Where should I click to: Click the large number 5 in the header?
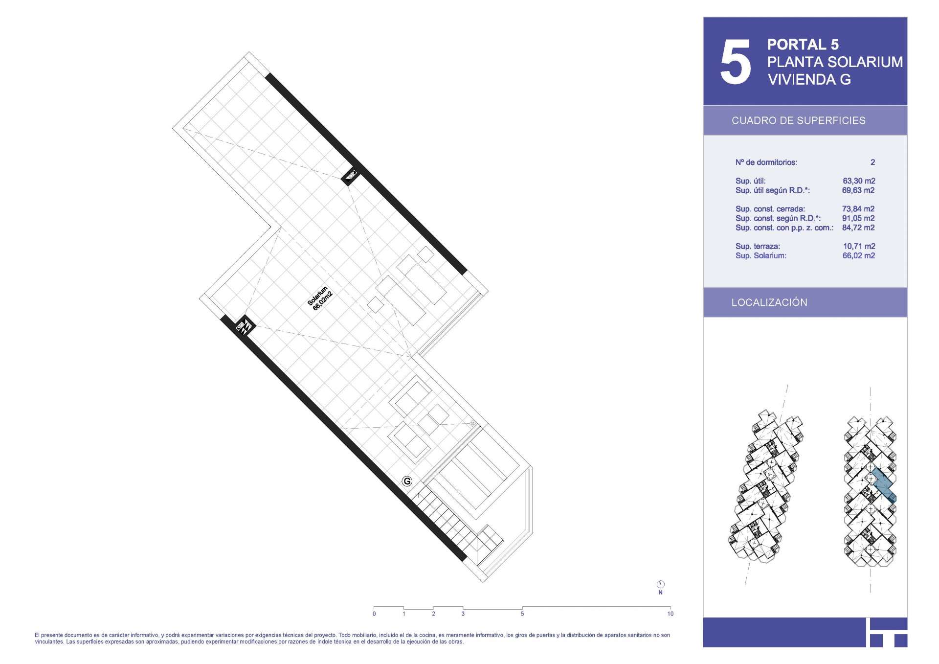click(735, 62)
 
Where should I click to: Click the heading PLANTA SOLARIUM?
click(835, 62)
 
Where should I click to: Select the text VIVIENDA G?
click(809, 80)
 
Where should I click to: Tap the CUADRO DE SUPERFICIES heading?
click(798, 121)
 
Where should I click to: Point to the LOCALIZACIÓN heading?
click(769, 302)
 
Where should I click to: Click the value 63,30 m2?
click(859, 181)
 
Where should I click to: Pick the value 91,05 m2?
click(858, 218)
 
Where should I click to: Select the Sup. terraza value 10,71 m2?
click(859, 246)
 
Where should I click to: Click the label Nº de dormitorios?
click(766, 162)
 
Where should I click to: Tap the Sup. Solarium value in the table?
click(859, 255)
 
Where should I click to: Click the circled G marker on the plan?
click(406, 481)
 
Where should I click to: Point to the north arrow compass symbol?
click(660, 584)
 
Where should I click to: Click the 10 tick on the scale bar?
click(670, 614)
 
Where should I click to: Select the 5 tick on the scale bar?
click(522, 614)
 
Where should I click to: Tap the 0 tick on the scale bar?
click(374, 614)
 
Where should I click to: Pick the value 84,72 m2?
click(858, 228)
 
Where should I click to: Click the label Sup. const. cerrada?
click(770, 209)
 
